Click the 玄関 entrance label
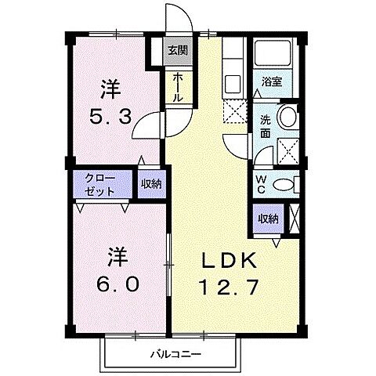[x=178, y=52]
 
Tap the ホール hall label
[x=178, y=87]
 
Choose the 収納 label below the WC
[x=267, y=219]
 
